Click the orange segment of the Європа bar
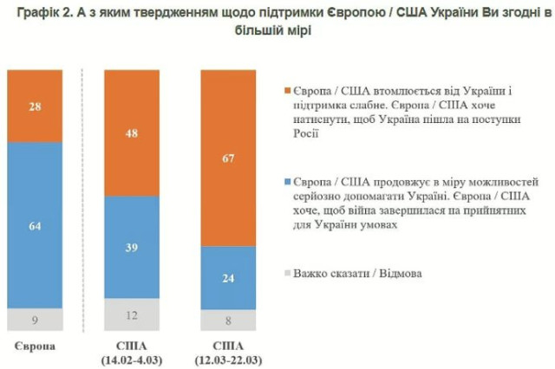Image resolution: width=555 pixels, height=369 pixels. point(35,105)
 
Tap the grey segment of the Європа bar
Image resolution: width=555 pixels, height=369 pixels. point(35,320)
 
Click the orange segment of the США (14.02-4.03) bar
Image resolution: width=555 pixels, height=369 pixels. point(133,133)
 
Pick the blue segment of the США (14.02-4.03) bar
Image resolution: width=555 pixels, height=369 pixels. point(133,247)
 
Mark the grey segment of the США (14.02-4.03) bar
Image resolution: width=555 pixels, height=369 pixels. point(133,314)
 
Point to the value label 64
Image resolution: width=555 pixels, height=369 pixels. point(35,226)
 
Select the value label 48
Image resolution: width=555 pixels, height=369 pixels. point(133,134)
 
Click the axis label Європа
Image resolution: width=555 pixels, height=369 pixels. point(35,346)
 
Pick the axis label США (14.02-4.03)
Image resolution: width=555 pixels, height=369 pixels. point(133,353)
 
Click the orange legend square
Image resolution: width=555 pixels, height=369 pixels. point(290,89)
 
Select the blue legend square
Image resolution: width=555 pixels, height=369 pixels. point(290,184)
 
